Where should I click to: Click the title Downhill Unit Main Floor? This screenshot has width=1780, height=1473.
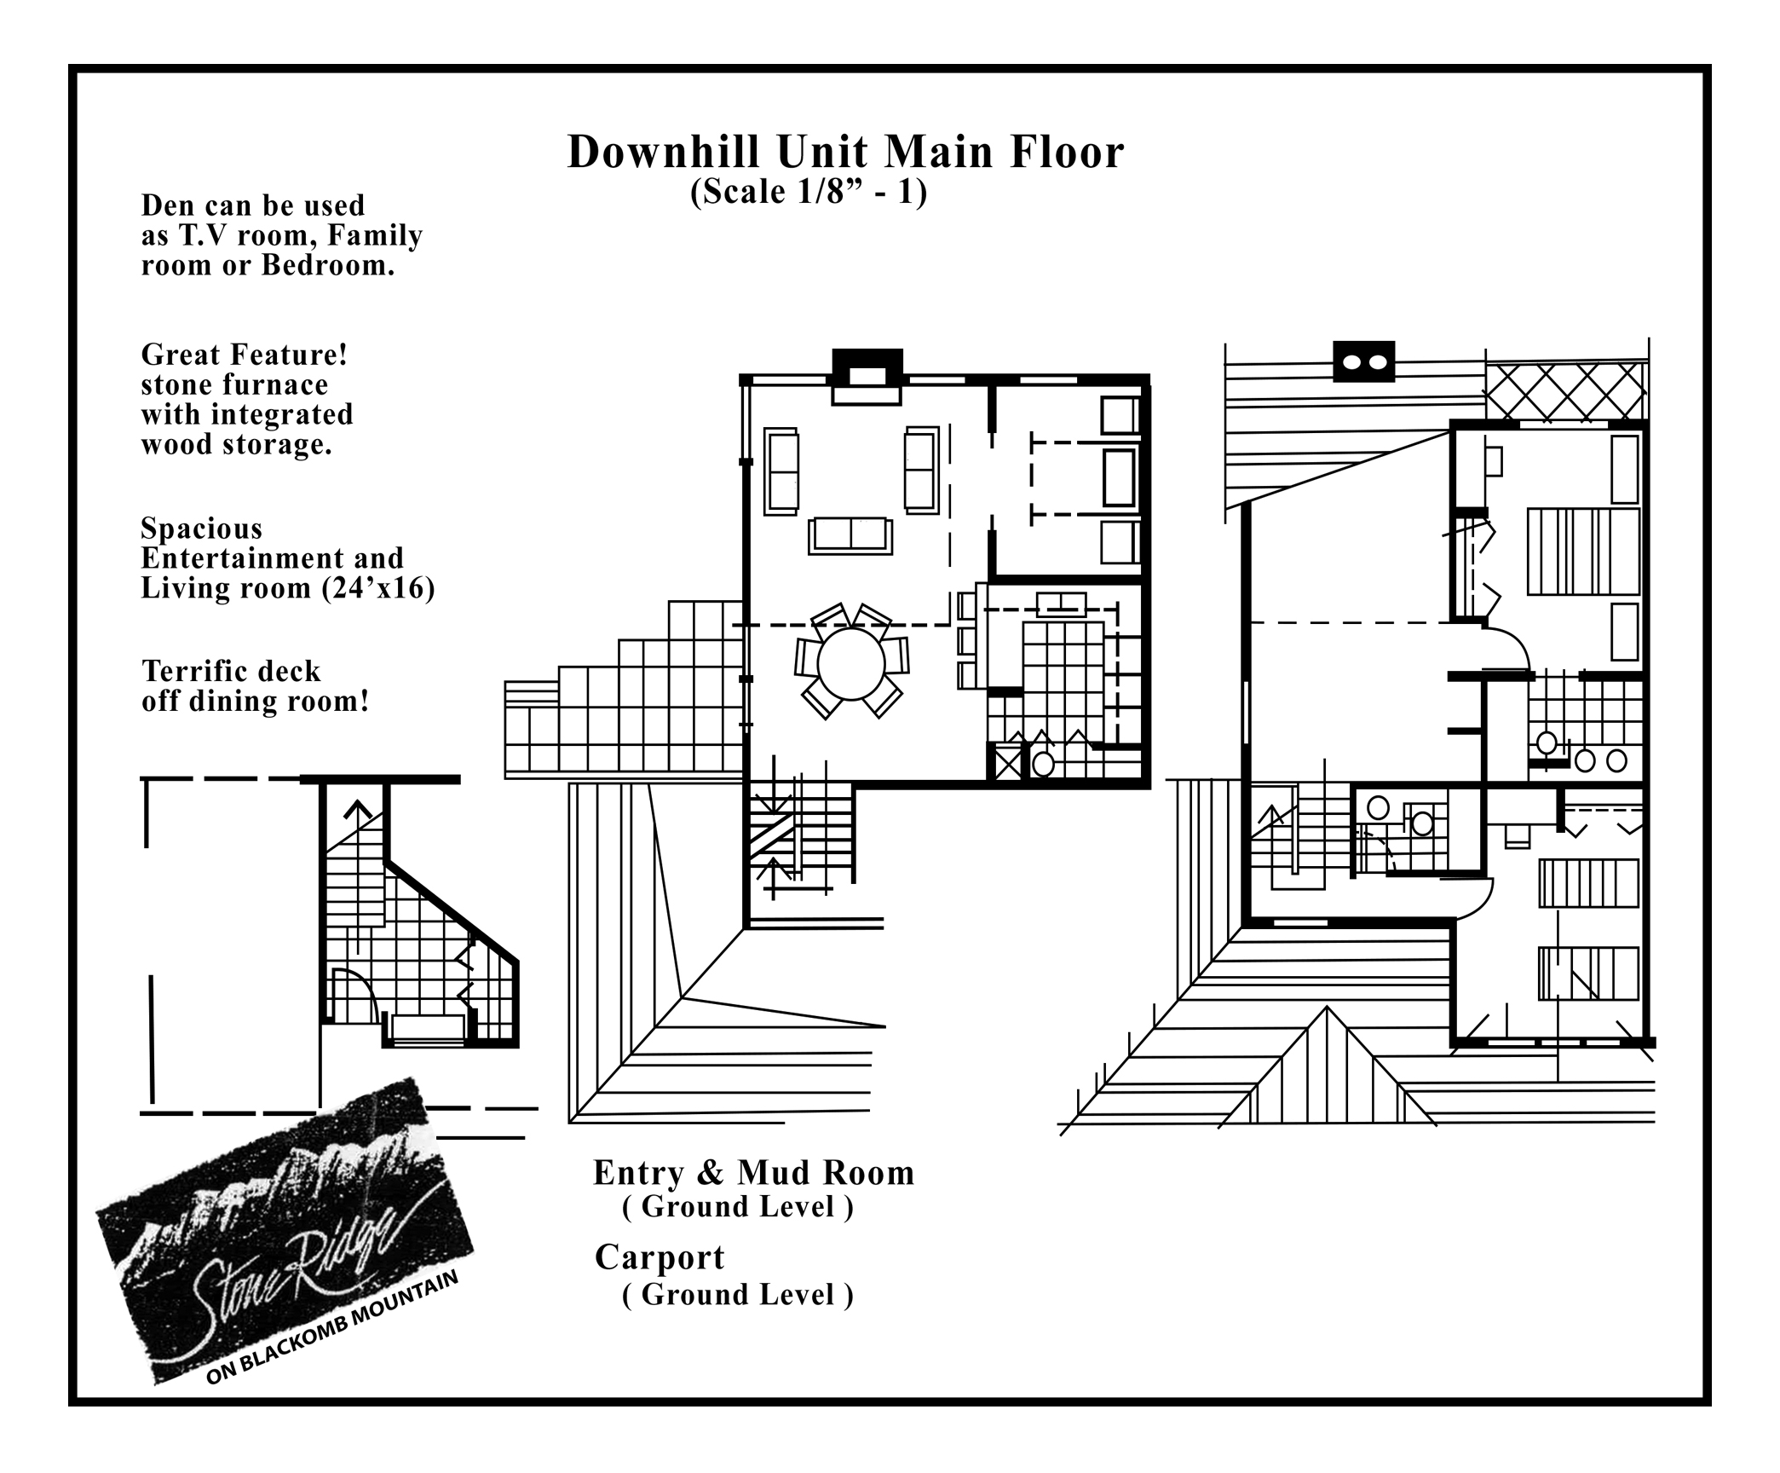(x=845, y=153)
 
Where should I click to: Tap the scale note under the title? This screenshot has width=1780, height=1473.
(x=809, y=192)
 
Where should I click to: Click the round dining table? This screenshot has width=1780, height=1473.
(x=850, y=664)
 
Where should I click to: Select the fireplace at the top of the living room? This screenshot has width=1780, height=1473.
(x=867, y=376)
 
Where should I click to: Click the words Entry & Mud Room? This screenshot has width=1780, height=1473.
(x=753, y=1173)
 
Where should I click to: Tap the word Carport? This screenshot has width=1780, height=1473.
(x=660, y=1257)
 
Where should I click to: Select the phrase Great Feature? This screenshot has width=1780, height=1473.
(x=245, y=355)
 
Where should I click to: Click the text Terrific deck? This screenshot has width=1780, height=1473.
(x=231, y=672)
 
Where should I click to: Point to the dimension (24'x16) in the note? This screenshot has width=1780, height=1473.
(x=379, y=588)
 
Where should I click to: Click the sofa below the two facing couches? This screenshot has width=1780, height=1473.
(x=850, y=535)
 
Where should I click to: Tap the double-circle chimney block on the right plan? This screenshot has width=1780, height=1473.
(x=1363, y=361)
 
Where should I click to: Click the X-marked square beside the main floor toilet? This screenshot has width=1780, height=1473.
(x=1007, y=762)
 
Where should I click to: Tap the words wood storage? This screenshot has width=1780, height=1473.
(x=236, y=445)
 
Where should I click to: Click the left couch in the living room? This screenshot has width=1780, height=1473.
(x=781, y=471)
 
